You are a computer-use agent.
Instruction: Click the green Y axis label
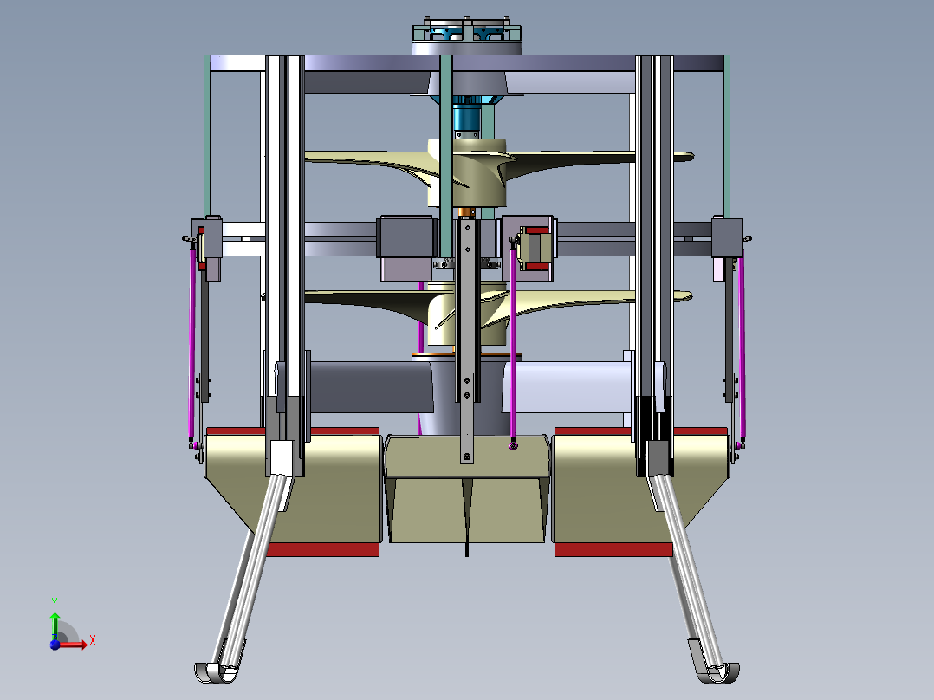click(55, 602)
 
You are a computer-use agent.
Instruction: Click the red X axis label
click(93, 641)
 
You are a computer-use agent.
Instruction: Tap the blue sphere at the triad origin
click(55, 644)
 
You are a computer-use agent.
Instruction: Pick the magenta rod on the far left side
click(191, 344)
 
